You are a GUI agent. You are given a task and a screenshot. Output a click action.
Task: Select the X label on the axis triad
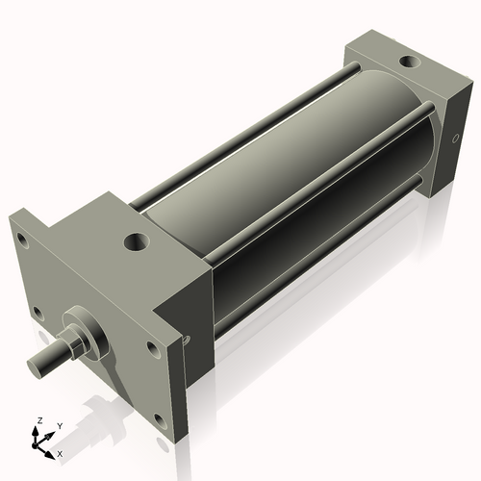click(x=60, y=452)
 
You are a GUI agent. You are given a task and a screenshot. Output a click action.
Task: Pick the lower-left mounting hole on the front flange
click(x=37, y=312)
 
